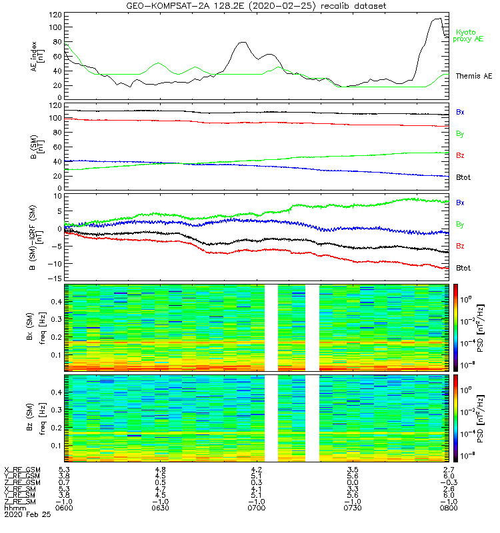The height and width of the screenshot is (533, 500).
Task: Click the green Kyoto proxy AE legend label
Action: click(469, 35)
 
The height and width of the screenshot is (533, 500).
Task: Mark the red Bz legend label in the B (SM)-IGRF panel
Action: click(460, 246)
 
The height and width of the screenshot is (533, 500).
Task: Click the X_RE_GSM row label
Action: click(23, 470)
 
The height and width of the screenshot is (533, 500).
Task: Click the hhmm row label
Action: click(13, 509)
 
